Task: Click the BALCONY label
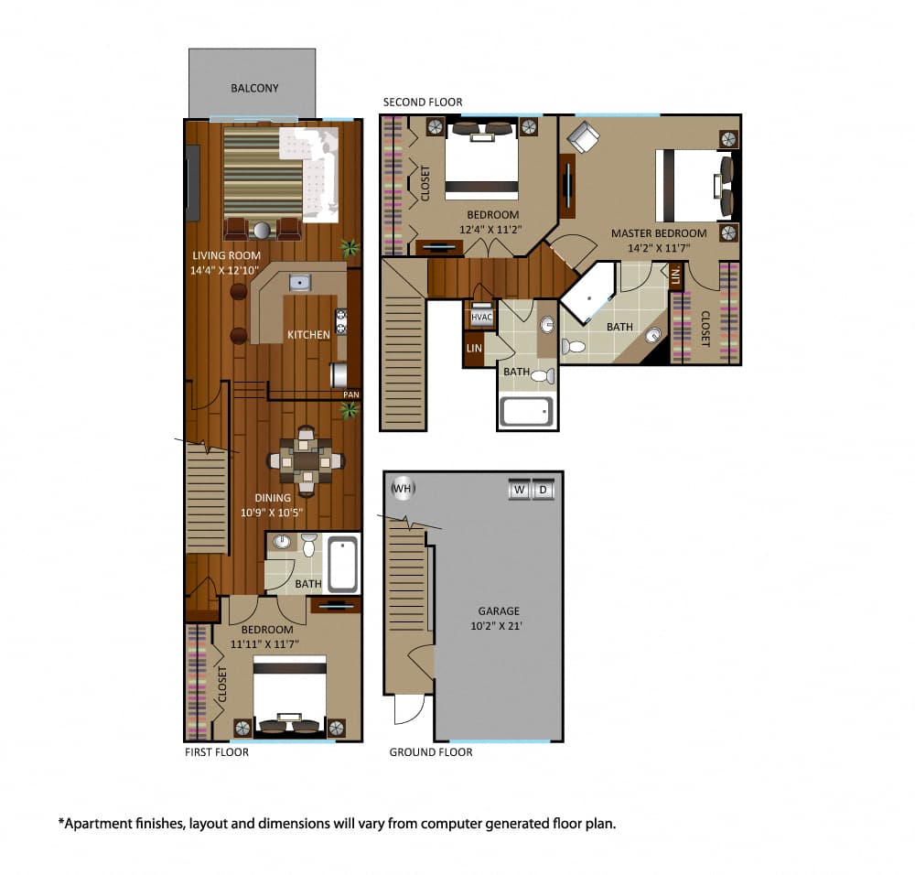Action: tap(254, 88)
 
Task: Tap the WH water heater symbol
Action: tap(403, 488)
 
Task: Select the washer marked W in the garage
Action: tap(520, 490)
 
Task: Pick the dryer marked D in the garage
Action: tap(544, 490)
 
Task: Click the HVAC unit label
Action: tap(481, 317)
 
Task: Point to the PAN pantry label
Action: tap(351, 394)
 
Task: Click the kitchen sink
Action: tap(300, 283)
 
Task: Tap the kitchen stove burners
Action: tap(341, 321)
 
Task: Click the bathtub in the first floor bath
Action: tap(342, 565)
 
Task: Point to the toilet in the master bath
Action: tap(574, 347)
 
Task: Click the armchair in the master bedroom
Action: tap(583, 137)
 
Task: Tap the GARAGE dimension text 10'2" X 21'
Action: tap(497, 626)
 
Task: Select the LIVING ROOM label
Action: tap(226, 255)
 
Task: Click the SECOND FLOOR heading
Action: tap(423, 103)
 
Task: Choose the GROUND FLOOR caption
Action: tap(431, 752)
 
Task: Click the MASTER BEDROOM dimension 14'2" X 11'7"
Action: tap(659, 248)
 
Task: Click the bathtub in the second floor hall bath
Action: tap(526, 412)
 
